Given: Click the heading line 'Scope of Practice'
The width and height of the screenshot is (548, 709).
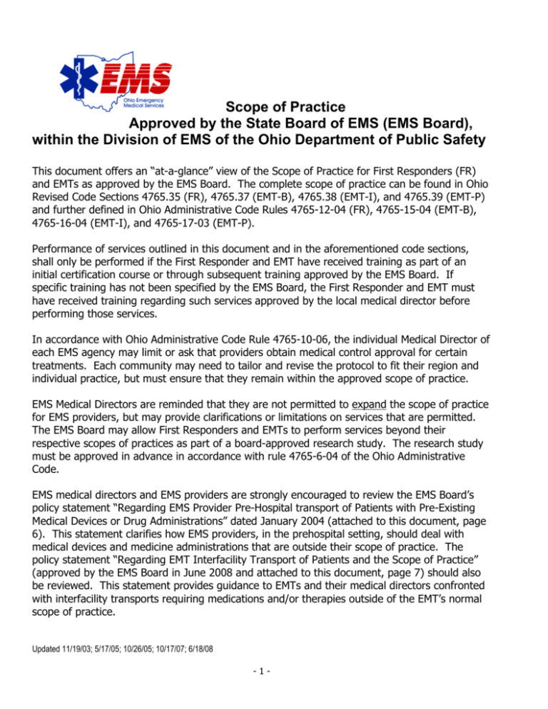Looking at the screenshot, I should (290, 108).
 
